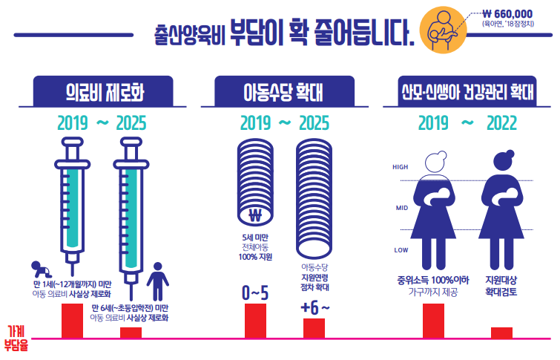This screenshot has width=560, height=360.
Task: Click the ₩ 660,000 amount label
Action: [507, 13]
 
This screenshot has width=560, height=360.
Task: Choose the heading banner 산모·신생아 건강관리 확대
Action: [467, 94]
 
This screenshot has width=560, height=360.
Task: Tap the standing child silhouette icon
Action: [157, 280]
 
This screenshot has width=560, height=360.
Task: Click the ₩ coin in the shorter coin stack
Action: [256, 217]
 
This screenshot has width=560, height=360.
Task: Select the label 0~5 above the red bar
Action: [255, 293]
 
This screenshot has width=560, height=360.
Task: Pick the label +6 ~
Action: [314, 307]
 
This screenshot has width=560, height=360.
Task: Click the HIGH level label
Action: [401, 167]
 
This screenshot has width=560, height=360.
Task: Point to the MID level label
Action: [401, 208]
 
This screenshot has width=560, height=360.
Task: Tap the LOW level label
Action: [401, 250]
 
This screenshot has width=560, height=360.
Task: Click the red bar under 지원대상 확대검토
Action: [501, 332]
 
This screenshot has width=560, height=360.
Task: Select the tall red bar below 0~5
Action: [255, 320]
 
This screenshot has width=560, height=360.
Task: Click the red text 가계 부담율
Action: [16, 338]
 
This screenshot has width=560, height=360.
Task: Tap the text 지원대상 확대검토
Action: [501, 287]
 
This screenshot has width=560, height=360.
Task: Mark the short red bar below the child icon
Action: [131, 332]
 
